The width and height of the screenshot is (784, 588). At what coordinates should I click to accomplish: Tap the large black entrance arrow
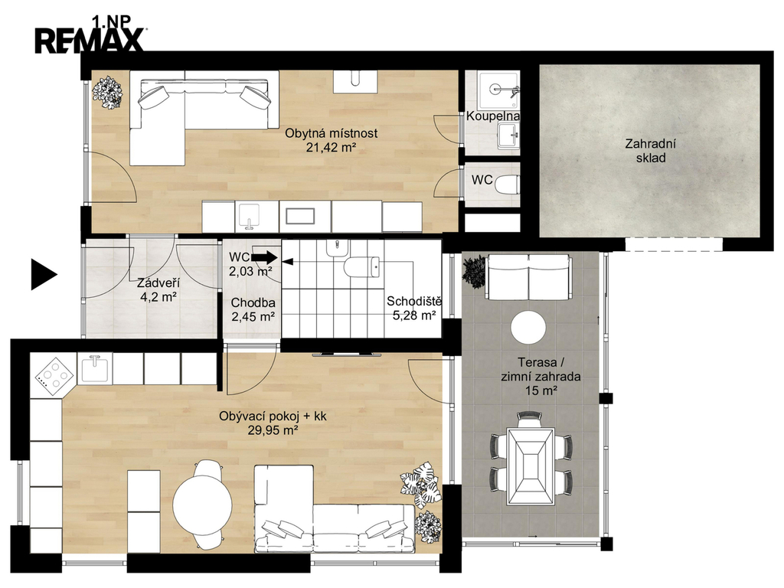tap(44, 275)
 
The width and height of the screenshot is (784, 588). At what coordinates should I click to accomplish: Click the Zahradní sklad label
tap(651, 151)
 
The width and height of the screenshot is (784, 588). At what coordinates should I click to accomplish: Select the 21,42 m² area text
tap(332, 147)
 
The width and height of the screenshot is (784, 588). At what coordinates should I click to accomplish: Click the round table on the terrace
tap(528, 328)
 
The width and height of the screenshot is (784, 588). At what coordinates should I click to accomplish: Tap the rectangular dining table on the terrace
tap(531, 466)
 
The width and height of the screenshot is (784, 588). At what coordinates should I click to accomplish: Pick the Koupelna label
tap(492, 116)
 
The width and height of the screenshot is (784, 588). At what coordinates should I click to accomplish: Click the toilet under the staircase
tap(362, 266)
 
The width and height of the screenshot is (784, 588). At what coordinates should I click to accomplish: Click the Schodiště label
tap(414, 302)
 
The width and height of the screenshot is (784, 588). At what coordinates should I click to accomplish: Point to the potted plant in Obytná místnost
tap(107, 92)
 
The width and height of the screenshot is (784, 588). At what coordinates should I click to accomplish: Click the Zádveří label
tap(158, 283)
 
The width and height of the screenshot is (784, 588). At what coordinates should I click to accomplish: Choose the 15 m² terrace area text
tap(541, 390)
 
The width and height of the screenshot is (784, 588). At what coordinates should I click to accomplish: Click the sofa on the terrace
tap(528, 276)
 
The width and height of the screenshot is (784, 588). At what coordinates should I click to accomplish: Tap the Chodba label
tap(253, 303)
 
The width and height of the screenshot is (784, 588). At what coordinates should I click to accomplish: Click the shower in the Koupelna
tap(498, 90)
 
